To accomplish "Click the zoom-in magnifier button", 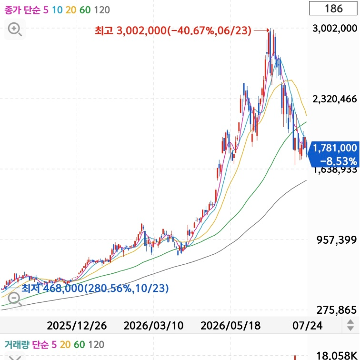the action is click(x=15, y=30).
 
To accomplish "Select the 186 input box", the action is click(x=333, y=9).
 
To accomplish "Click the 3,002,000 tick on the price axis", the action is click(x=335, y=29).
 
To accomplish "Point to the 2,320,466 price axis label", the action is click(x=335, y=99).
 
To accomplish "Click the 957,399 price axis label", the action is click(x=337, y=240).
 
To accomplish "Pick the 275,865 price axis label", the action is click(x=337, y=310).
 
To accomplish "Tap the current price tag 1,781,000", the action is click(x=335, y=148).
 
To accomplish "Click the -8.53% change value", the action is click(x=339, y=161).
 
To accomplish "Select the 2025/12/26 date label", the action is click(x=77, y=326).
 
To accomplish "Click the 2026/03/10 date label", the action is click(x=153, y=326).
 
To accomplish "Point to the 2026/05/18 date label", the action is click(x=230, y=326).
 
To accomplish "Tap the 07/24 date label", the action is click(x=308, y=326).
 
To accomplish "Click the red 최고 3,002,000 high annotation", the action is click(x=173, y=30).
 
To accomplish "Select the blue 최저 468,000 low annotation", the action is click(x=95, y=288).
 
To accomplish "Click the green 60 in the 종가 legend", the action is click(x=85, y=10).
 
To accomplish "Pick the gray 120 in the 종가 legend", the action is click(x=102, y=10).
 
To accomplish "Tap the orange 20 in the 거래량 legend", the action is click(x=65, y=345).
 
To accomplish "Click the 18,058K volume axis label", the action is click(x=337, y=356).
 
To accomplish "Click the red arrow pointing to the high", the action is click(x=261, y=30).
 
